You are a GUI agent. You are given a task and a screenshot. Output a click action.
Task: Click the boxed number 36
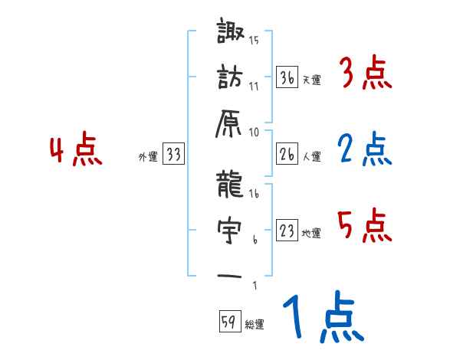(287, 77)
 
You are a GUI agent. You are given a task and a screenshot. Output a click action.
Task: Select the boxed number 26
(287, 155)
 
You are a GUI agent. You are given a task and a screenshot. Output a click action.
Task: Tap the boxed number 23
(287, 232)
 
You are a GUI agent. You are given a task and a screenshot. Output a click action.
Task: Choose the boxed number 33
(173, 155)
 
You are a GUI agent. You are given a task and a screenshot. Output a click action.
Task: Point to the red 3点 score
(365, 75)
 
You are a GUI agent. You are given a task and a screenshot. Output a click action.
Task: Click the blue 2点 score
(364, 150)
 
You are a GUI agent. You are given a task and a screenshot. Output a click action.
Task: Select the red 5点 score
(364, 227)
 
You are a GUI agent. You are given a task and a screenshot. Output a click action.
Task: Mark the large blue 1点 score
(322, 319)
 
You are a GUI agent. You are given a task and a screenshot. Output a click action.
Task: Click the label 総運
(255, 324)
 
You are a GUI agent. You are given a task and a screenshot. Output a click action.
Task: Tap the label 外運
(147, 156)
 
